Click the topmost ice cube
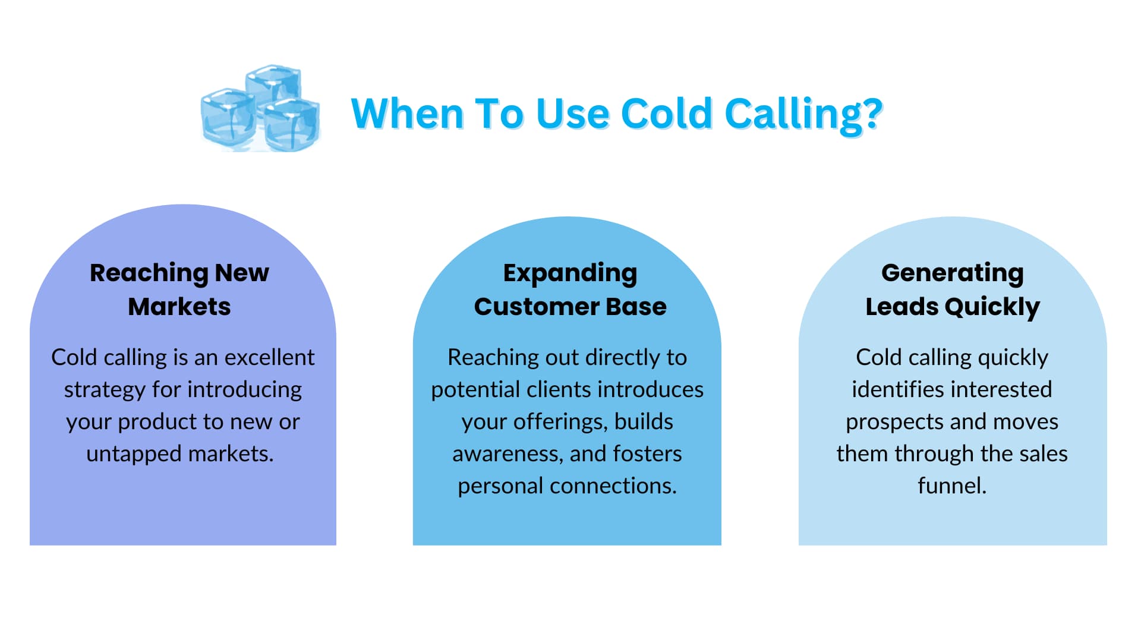tap(273, 86)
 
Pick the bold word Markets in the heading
tap(179, 307)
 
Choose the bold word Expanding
tap(570, 273)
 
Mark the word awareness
tap(507, 454)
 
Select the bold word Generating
tap(952, 273)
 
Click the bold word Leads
tap(902, 307)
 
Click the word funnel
tap(951, 486)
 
